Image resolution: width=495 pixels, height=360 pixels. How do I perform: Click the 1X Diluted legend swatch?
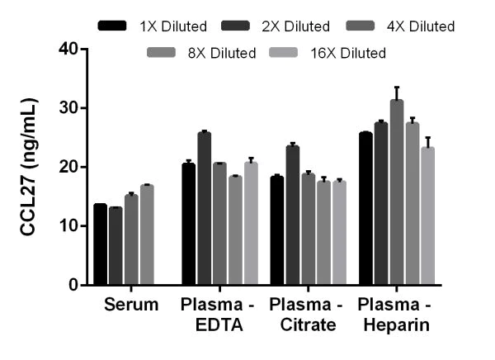[x=112, y=26]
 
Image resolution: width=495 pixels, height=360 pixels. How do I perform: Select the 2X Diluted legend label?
[x=296, y=26]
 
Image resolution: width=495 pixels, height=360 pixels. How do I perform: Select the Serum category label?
[x=131, y=306]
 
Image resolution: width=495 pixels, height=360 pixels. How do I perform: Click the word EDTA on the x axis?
[x=219, y=325]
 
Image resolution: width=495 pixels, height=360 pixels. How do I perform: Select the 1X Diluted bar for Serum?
[x=101, y=244]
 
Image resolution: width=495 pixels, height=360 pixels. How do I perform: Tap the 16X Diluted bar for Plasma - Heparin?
[x=427, y=216]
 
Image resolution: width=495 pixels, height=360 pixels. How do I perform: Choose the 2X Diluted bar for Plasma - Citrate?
[x=293, y=216]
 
